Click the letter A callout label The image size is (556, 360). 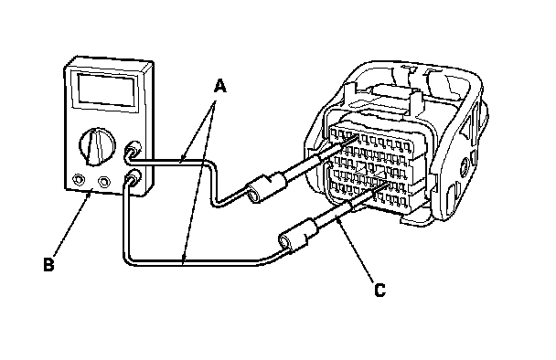[x=220, y=87]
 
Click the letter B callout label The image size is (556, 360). [x=48, y=264]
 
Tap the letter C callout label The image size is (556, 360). [x=380, y=291]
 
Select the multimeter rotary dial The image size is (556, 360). [x=97, y=147]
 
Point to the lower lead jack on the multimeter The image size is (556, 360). [x=133, y=177]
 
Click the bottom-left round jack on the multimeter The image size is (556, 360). [x=78, y=180]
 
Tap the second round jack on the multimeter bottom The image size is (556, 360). [x=103, y=182]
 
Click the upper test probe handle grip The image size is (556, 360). [x=267, y=188]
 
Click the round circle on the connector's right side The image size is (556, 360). [x=464, y=166]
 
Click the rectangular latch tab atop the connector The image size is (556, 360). [x=392, y=90]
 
